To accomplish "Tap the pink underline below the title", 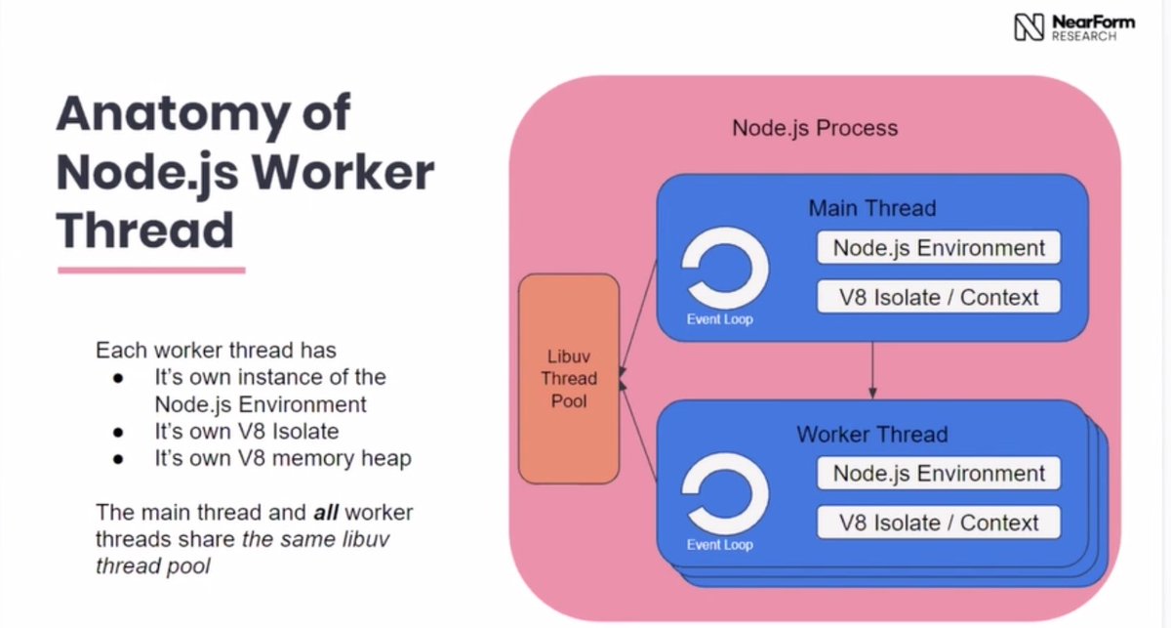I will (x=150, y=270).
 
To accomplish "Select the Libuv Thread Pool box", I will (x=569, y=378).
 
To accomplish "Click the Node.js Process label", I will (x=814, y=128).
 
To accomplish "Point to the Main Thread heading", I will (x=871, y=208).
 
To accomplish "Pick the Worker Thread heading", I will (x=871, y=435).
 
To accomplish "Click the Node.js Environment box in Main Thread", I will (x=938, y=248).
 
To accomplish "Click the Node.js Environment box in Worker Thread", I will (x=938, y=474).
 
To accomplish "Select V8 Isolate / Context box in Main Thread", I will (x=938, y=297).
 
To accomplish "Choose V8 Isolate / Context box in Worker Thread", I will (x=938, y=523).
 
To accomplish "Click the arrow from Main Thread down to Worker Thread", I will (x=871, y=370).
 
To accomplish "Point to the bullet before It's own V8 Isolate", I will (x=118, y=432).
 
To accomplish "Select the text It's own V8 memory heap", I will (x=282, y=458).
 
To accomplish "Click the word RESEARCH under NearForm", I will (x=1083, y=36).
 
